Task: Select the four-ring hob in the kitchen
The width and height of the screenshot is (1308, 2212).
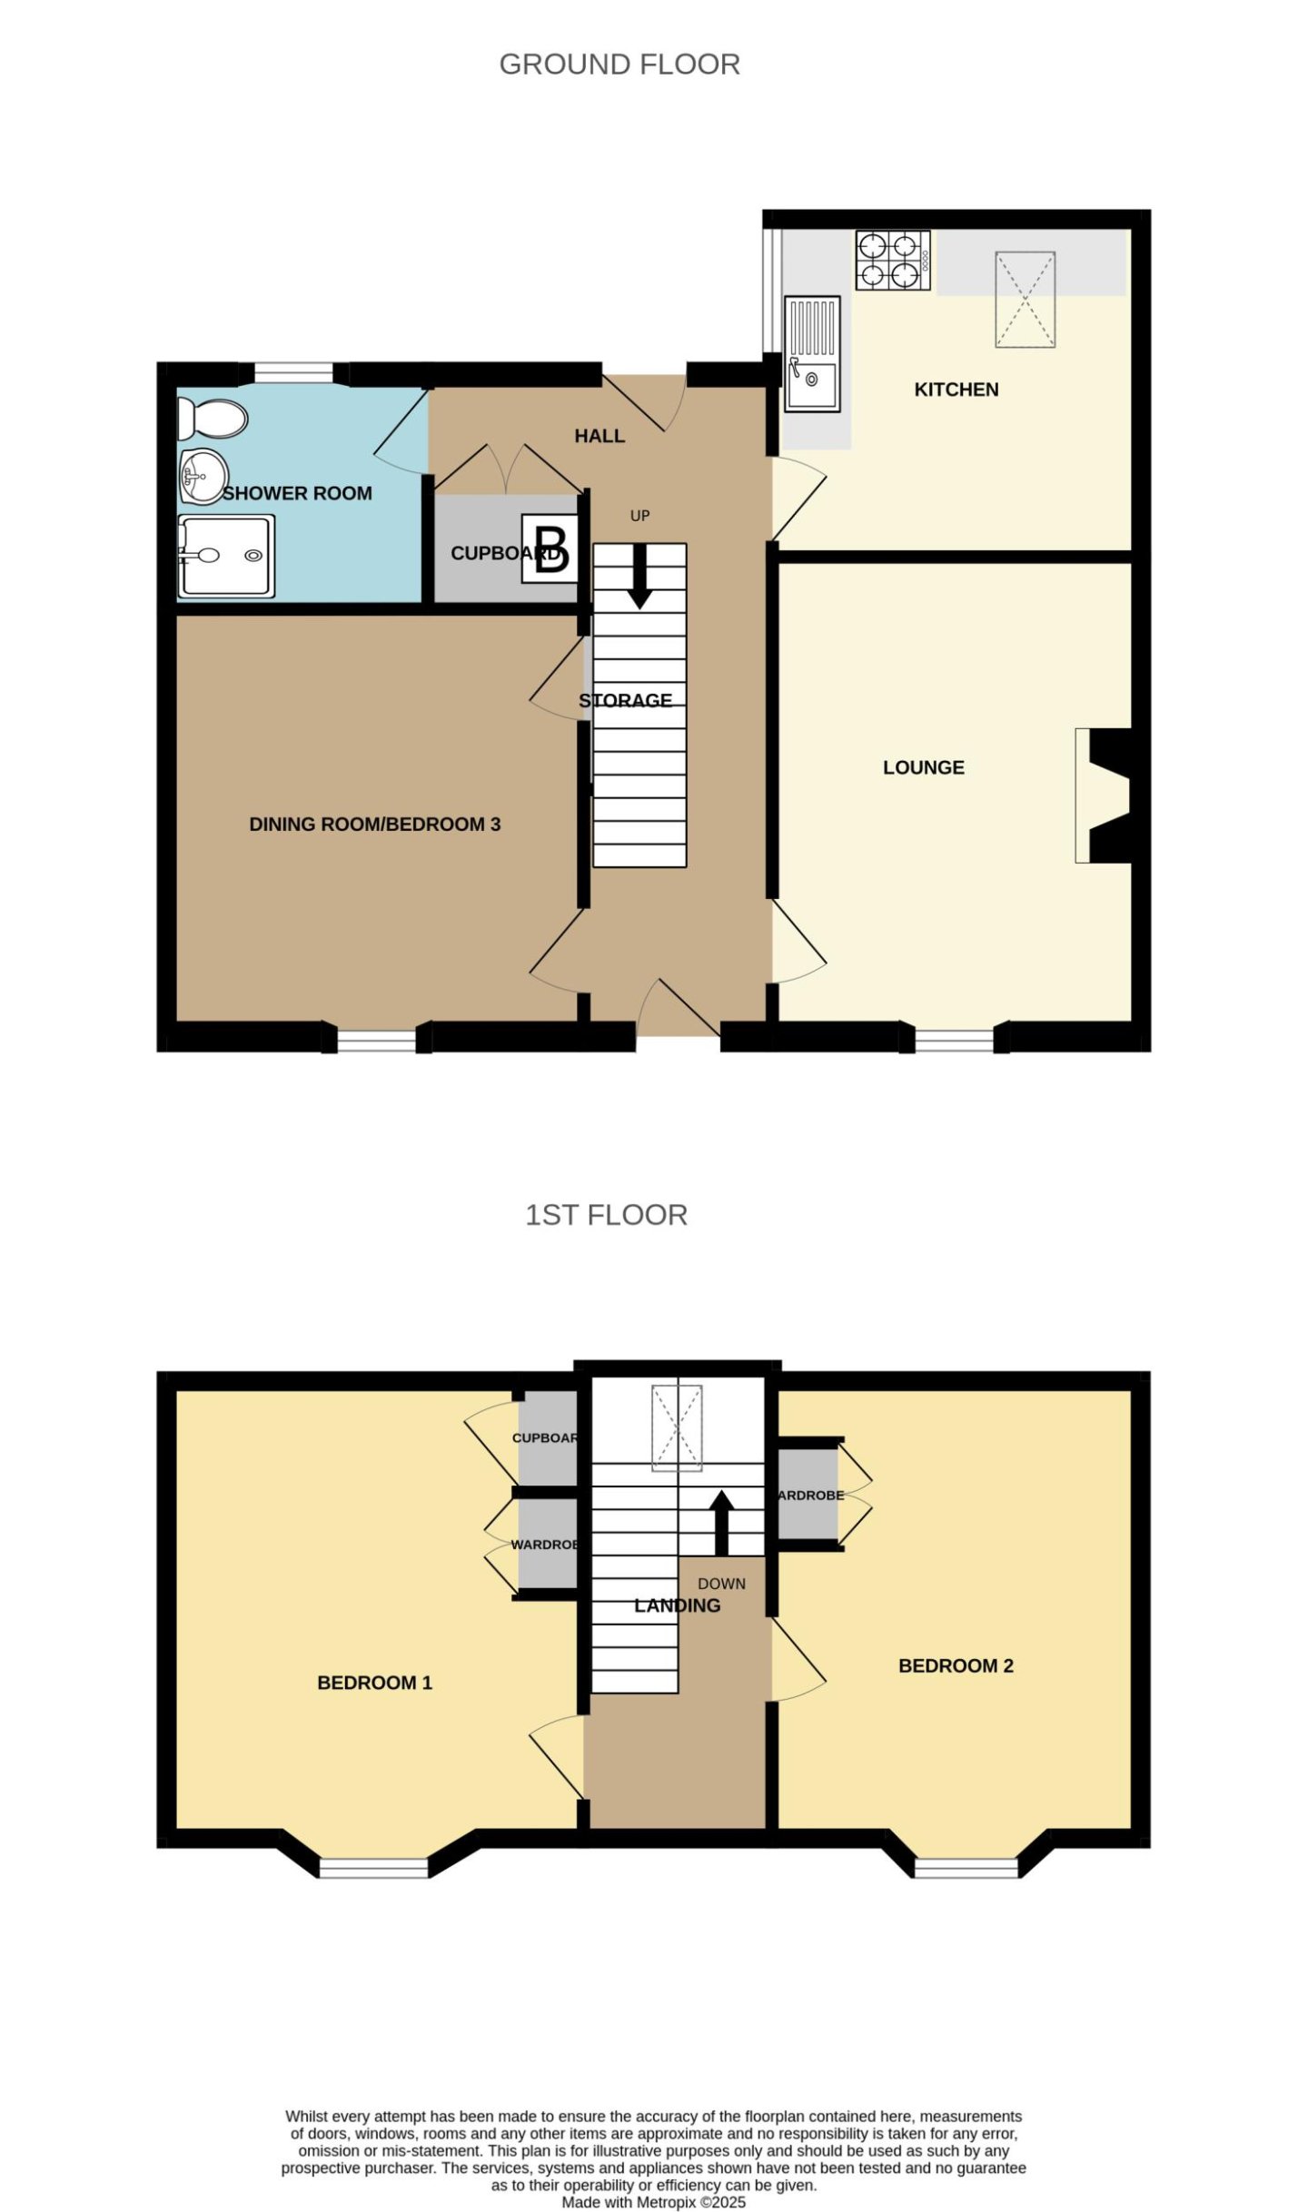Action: (892, 260)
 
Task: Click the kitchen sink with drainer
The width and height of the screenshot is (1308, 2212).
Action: (812, 353)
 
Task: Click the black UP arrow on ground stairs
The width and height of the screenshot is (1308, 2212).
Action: (639, 576)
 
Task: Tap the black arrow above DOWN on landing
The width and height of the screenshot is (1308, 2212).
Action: (721, 1523)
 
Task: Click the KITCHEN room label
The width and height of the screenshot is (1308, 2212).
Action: (956, 390)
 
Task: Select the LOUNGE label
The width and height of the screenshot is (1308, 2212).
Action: (923, 767)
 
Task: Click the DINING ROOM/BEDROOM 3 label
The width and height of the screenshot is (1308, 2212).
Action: (374, 825)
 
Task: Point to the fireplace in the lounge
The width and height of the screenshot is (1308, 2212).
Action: (1106, 795)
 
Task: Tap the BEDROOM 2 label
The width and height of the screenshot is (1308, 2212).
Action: (955, 1665)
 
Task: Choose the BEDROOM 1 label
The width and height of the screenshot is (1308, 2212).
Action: (374, 1683)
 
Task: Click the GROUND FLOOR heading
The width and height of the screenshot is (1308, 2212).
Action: (619, 64)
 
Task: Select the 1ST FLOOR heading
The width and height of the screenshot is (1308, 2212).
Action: (606, 1215)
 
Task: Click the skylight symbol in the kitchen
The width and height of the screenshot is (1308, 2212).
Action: (1025, 299)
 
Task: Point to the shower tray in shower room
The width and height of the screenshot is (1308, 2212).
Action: (226, 556)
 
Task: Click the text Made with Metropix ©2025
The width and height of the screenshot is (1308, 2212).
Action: (653, 2202)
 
